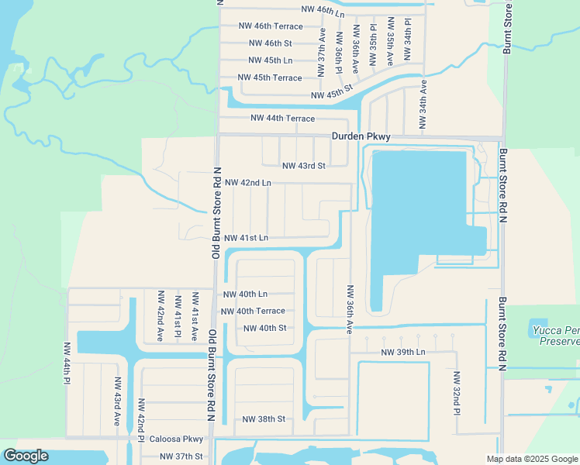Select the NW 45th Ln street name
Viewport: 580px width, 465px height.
tap(271, 60)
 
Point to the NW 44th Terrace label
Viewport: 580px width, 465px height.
tap(282, 119)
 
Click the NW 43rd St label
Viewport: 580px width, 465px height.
tap(303, 166)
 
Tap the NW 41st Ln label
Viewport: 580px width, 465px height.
tap(246, 237)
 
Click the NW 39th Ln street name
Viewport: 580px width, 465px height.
tap(403, 353)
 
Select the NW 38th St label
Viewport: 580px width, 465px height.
tap(264, 419)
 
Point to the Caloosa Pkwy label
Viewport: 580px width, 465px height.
tap(176, 439)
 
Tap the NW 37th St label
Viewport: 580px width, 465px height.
tap(181, 456)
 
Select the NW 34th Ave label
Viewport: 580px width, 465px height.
tap(423, 103)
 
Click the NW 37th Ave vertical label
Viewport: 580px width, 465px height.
tap(320, 53)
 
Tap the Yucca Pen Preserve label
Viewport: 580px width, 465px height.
tap(556, 336)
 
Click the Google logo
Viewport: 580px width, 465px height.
tap(26, 456)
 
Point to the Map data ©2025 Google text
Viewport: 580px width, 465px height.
tap(531, 459)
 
